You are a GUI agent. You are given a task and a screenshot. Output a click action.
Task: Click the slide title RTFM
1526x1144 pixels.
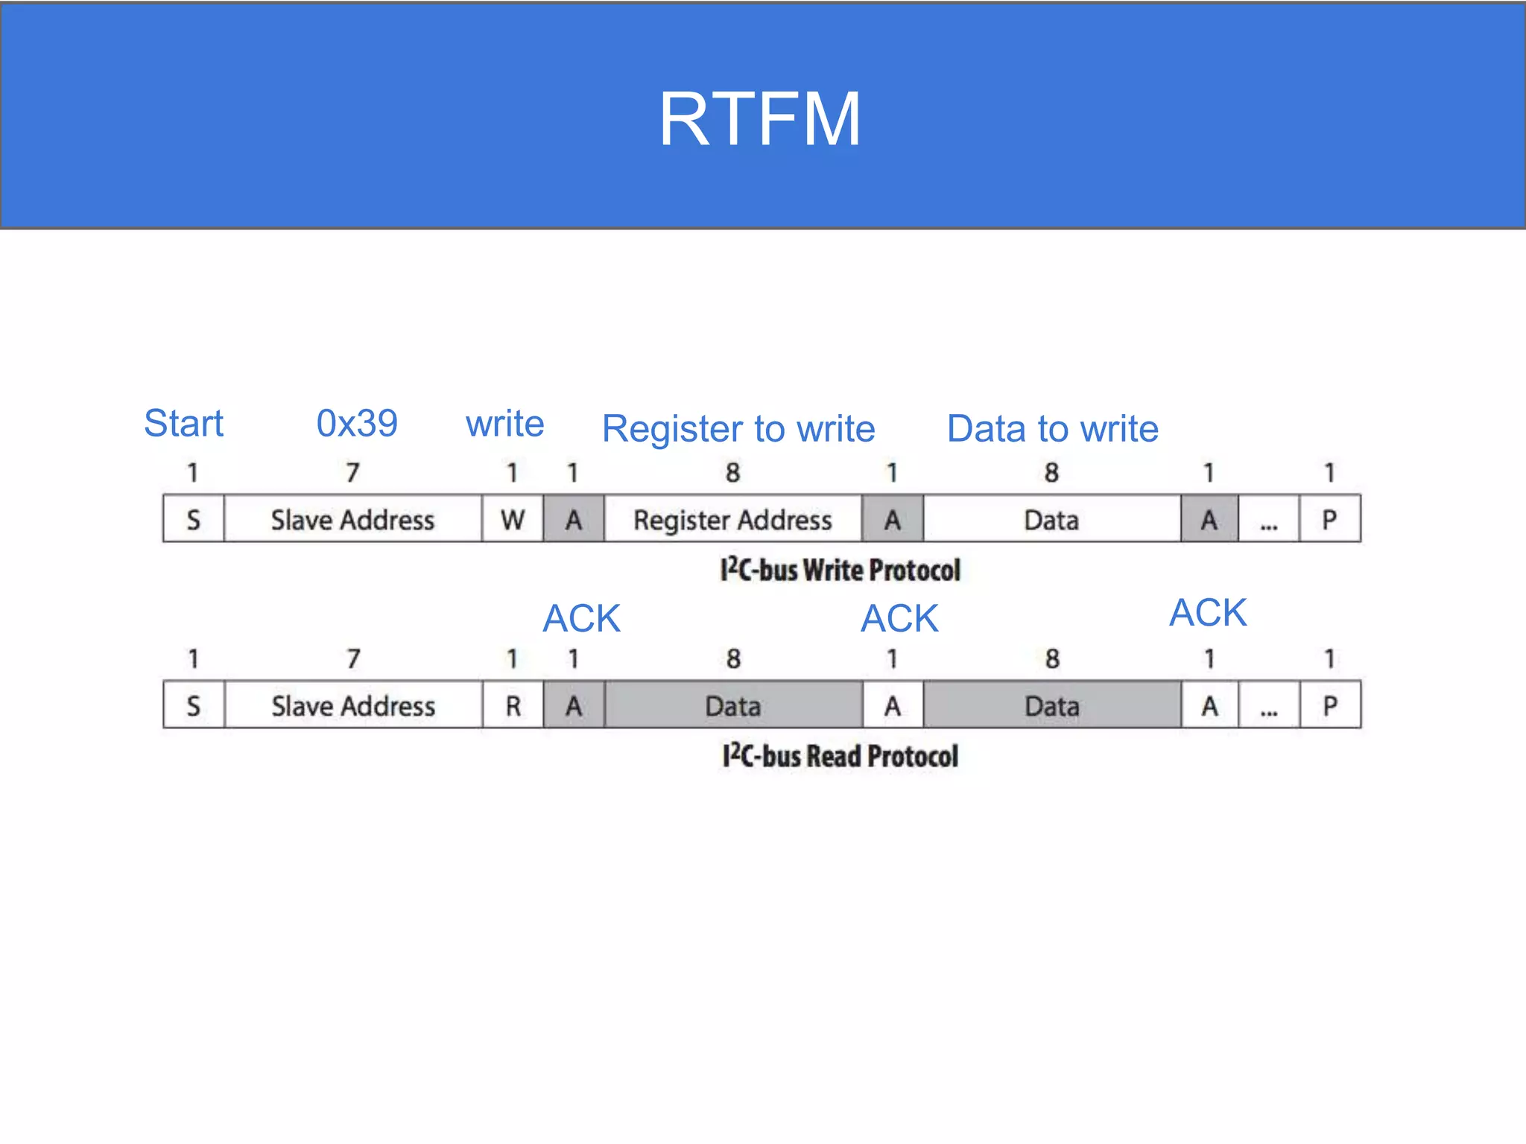[x=759, y=119]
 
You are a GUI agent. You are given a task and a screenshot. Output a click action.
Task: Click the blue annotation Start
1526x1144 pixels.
[x=183, y=423]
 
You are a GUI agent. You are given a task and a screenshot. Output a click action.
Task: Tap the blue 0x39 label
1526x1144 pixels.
[x=357, y=423]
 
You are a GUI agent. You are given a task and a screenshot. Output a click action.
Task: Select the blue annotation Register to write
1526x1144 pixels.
[x=738, y=429]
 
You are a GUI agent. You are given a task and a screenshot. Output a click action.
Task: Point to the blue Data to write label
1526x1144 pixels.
[x=1052, y=429]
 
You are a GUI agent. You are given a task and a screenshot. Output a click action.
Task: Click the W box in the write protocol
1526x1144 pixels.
[x=513, y=519]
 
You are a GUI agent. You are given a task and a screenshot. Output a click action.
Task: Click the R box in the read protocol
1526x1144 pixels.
[x=513, y=705]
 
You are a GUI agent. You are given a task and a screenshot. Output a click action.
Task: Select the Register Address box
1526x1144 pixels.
[x=732, y=519]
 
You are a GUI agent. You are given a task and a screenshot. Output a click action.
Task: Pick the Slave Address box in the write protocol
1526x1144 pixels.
[x=352, y=519]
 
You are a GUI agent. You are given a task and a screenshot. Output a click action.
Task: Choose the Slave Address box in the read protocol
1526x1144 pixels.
[x=352, y=705]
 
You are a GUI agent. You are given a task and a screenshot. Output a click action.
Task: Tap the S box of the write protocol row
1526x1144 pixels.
[x=193, y=519]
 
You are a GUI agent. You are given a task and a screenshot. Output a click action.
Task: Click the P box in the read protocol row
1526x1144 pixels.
[x=1330, y=705]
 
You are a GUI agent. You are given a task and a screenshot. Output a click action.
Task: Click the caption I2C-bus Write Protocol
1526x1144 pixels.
[x=840, y=571]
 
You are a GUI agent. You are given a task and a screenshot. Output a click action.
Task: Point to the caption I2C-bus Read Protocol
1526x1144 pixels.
[x=840, y=756]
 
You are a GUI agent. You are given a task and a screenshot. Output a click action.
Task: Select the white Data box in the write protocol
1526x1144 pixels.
[x=1051, y=519]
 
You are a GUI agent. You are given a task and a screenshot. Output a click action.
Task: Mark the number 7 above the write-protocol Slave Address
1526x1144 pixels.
[x=352, y=472]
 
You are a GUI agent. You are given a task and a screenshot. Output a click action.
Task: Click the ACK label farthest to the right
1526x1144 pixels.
[x=1208, y=613]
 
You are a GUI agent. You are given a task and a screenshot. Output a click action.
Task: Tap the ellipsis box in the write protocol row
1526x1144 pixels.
[x=1269, y=519]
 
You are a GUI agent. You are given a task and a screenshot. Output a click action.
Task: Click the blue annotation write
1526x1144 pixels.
[x=505, y=424]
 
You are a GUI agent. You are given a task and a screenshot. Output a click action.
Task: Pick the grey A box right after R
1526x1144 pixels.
[x=573, y=705]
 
